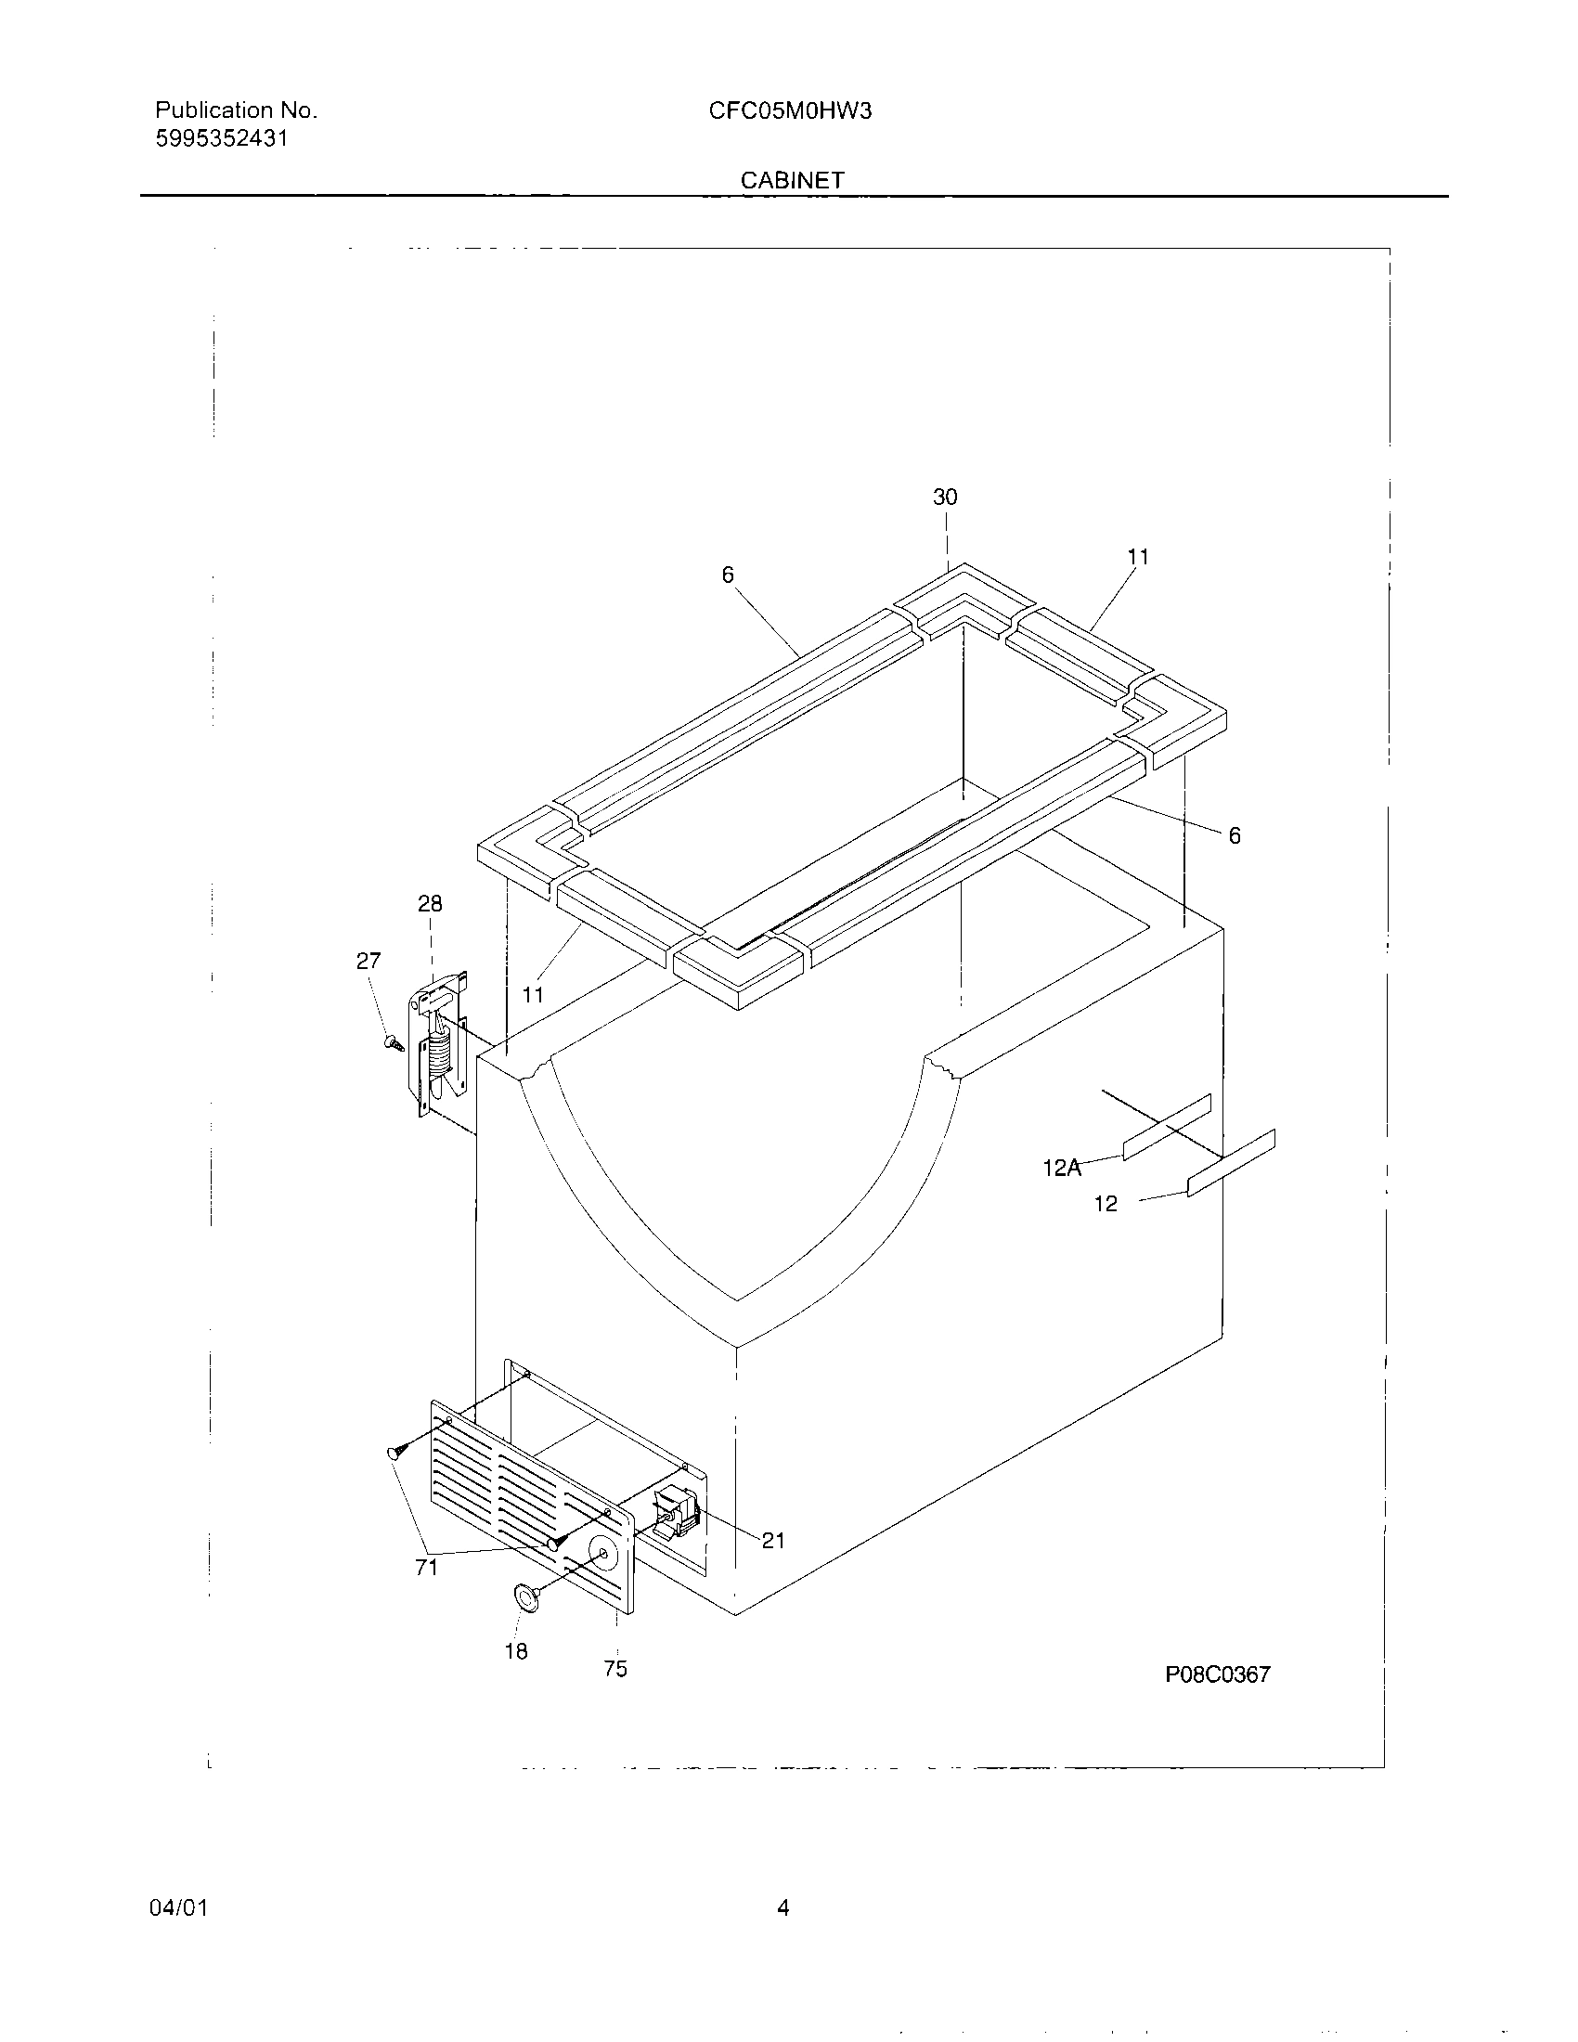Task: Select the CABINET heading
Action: (x=792, y=180)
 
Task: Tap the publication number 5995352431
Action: (x=222, y=139)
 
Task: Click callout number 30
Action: (x=945, y=498)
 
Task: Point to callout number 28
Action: (x=430, y=903)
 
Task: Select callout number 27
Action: (x=369, y=961)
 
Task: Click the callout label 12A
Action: (x=1062, y=1167)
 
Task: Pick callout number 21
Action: (x=773, y=1540)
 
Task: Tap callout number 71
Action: (x=426, y=1568)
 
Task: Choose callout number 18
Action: (x=516, y=1651)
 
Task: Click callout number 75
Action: (x=615, y=1668)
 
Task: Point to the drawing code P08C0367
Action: (x=1217, y=1674)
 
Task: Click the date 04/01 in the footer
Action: (x=178, y=1907)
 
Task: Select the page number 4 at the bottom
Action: (x=783, y=1907)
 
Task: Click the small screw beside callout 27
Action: (x=394, y=1041)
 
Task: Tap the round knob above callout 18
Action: (x=528, y=1598)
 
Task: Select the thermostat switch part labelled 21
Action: (x=679, y=1513)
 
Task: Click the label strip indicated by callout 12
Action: (x=1230, y=1162)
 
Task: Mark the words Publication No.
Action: (x=237, y=110)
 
